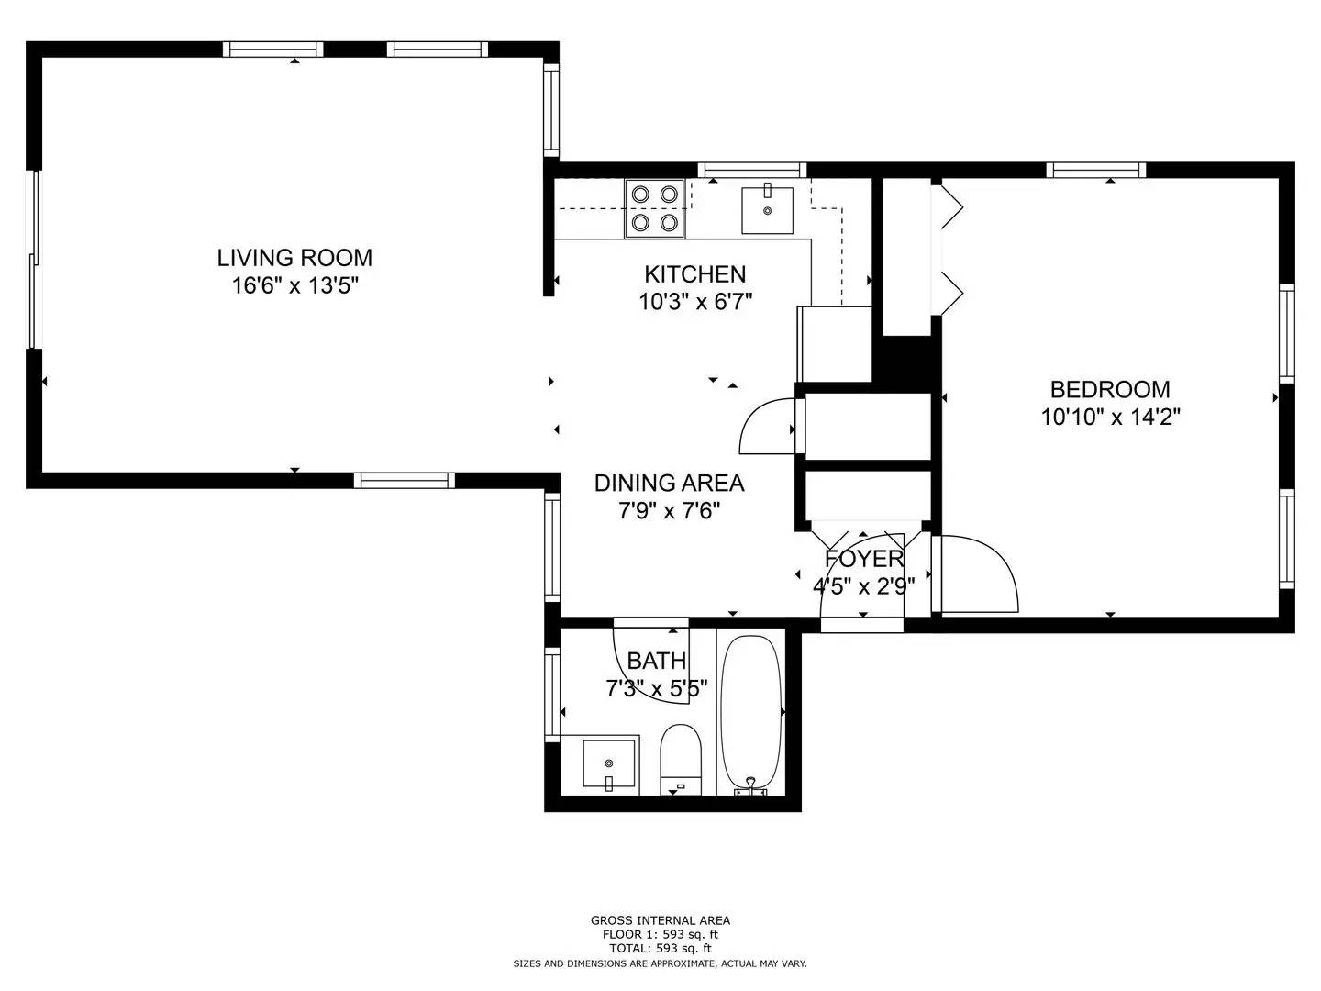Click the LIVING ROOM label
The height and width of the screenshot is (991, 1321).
(x=294, y=258)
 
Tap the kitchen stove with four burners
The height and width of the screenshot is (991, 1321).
(x=654, y=209)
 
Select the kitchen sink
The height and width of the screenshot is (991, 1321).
(x=767, y=210)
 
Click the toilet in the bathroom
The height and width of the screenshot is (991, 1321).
(x=681, y=760)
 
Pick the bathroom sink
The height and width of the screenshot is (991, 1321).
(x=608, y=764)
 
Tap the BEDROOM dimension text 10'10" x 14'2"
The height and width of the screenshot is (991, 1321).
(x=1110, y=417)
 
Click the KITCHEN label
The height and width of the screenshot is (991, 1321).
(x=695, y=274)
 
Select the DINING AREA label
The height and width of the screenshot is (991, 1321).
(x=670, y=484)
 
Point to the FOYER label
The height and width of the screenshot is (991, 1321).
(x=864, y=559)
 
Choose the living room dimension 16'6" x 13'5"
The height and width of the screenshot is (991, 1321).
(x=294, y=285)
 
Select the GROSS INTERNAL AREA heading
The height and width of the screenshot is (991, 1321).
(x=660, y=920)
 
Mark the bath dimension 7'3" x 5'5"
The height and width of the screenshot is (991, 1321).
(x=657, y=688)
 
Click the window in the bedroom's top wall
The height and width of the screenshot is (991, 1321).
(x=1095, y=171)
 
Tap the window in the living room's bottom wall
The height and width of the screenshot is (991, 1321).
(x=404, y=480)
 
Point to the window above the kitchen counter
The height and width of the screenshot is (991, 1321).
(x=751, y=170)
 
